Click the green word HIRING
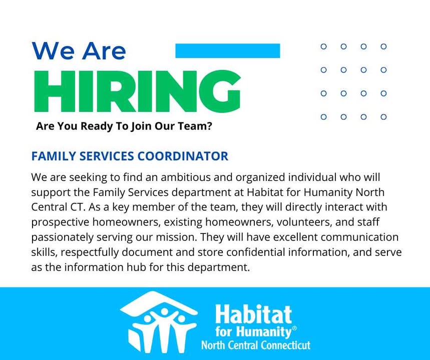point(137,91)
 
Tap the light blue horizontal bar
point(228,50)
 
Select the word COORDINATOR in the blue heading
point(183,156)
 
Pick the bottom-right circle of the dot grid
point(383,117)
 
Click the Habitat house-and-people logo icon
point(159,321)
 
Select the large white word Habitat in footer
point(253,314)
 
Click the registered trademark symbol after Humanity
point(294,328)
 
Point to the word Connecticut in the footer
point(285,345)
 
